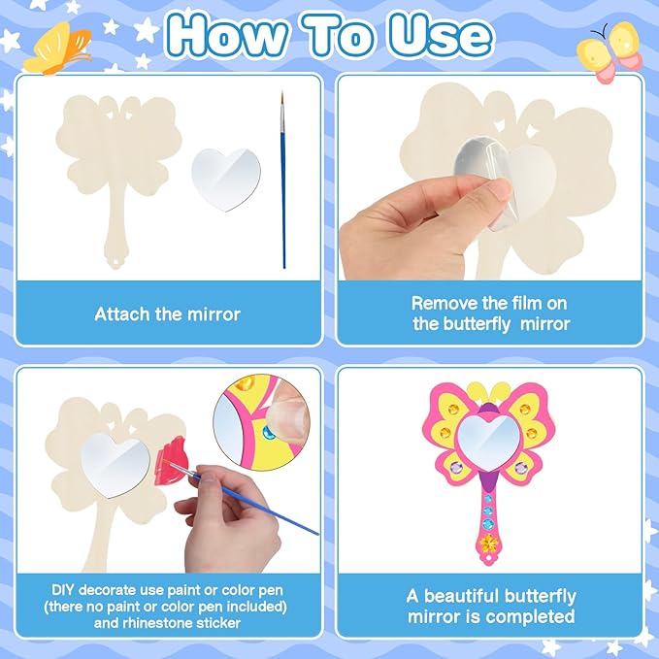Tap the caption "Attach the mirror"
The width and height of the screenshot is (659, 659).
pos(167,313)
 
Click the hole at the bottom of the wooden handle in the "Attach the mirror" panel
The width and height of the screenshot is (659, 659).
pos(119,261)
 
